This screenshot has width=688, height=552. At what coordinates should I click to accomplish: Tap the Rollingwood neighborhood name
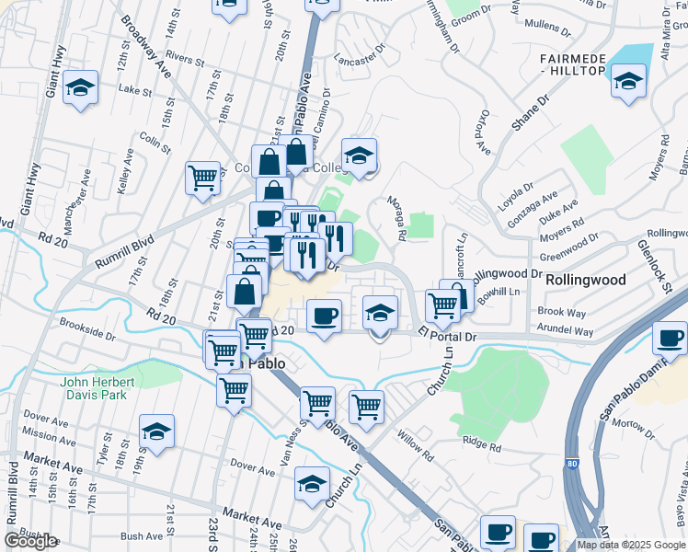(586, 279)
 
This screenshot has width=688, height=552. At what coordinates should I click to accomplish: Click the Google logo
(29, 540)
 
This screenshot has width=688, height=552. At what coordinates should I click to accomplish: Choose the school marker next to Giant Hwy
(81, 88)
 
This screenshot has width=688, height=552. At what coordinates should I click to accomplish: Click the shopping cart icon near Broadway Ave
(201, 178)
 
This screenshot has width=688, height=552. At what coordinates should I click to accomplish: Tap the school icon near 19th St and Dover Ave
(156, 431)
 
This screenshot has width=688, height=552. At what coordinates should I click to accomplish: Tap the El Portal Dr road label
(447, 336)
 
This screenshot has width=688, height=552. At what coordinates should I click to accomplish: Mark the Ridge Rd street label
(482, 446)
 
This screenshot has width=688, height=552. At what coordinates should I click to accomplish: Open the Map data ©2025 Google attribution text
(631, 545)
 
